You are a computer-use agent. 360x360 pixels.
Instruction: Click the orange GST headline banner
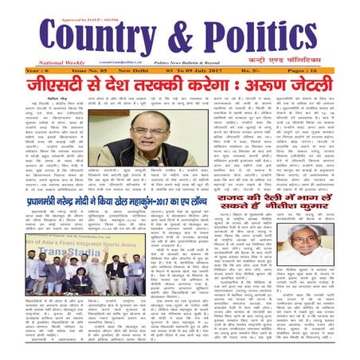tap(180, 84)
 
